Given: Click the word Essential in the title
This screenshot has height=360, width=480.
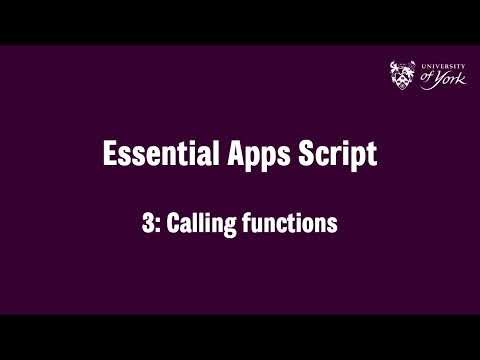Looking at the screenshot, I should pos(149,155).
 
